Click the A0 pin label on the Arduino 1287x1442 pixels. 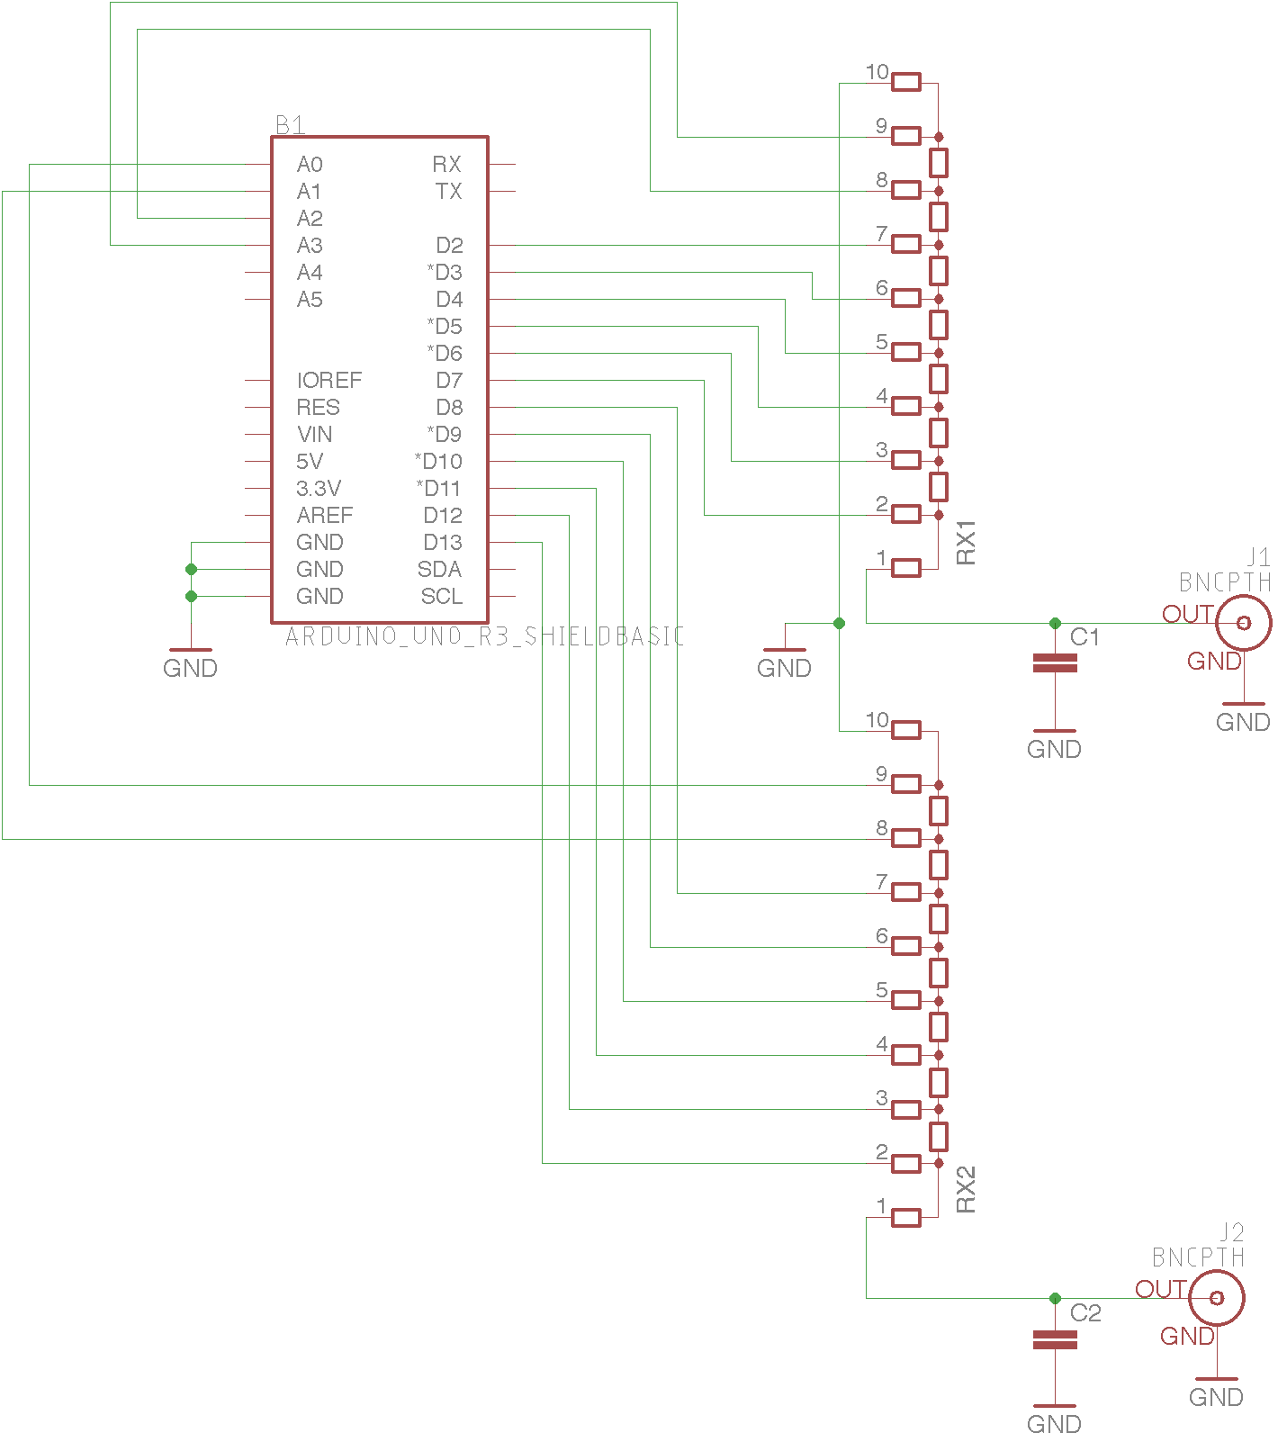pyautogui.click(x=310, y=165)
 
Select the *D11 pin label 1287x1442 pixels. pyautogui.click(x=438, y=489)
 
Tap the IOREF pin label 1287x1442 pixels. pyautogui.click(x=328, y=381)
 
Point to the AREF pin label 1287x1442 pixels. pyautogui.click(x=324, y=516)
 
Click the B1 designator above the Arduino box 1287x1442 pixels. pyautogui.click(x=290, y=125)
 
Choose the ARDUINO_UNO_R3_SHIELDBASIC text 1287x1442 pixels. pyautogui.click(x=484, y=636)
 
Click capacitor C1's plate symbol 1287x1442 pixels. pyautogui.click(x=1055, y=663)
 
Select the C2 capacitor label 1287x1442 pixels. pyautogui.click(x=1085, y=1313)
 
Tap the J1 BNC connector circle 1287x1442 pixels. pyautogui.click(x=1244, y=623)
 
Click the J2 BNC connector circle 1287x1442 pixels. pyautogui.click(x=1217, y=1298)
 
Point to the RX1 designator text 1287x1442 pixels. pyautogui.click(x=966, y=542)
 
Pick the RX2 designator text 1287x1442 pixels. pyautogui.click(x=966, y=1190)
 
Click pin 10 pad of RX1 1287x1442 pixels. pyautogui.click(x=906, y=83)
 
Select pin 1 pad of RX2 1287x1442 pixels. pyautogui.click(x=906, y=1217)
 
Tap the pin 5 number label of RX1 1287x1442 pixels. pyautogui.click(x=882, y=342)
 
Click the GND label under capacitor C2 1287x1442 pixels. pyautogui.click(x=1054, y=1424)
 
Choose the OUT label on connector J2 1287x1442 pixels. pyautogui.click(x=1160, y=1289)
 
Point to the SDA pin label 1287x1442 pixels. pyautogui.click(x=439, y=570)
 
